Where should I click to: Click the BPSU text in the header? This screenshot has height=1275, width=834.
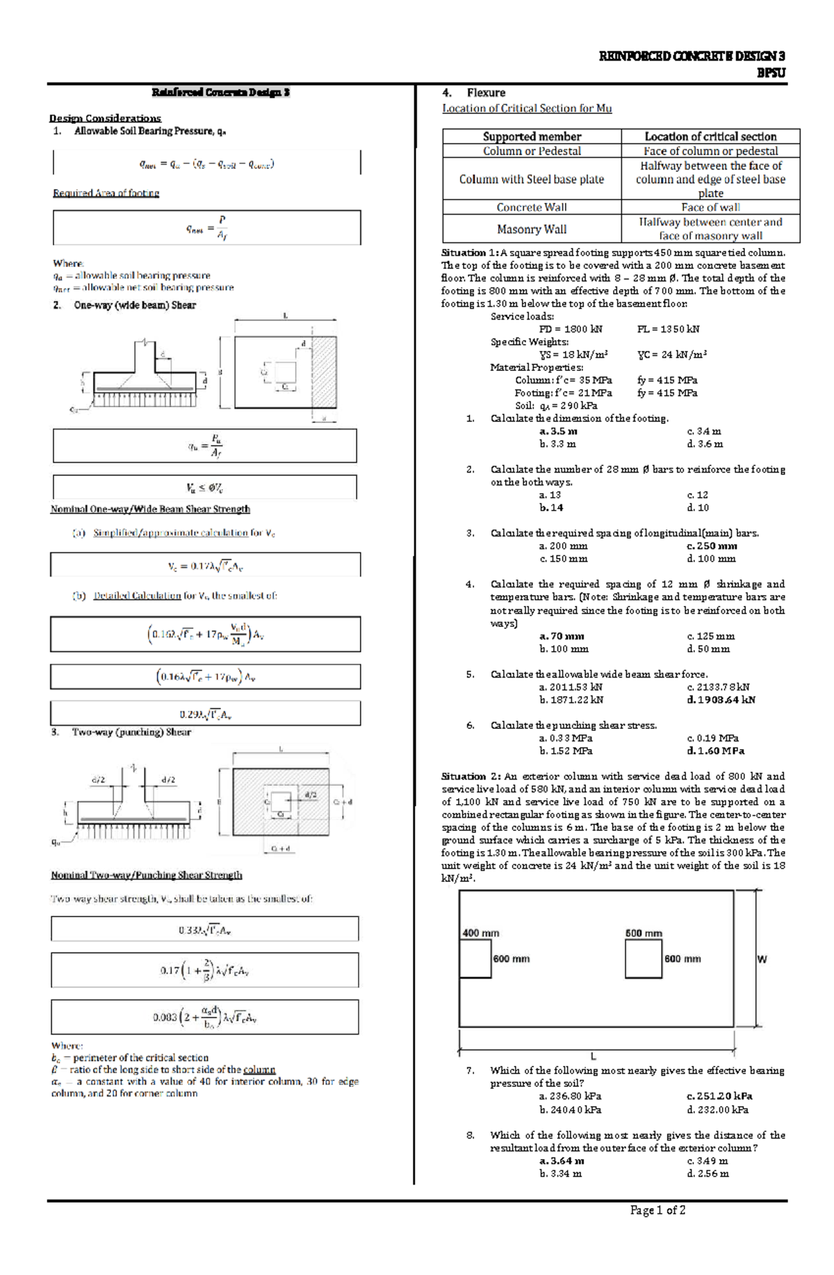[771, 73]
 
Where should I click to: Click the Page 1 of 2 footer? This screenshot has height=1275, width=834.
[657, 1210]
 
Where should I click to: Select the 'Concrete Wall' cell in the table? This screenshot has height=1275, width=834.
[532, 207]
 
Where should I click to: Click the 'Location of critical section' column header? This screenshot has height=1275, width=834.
[710, 136]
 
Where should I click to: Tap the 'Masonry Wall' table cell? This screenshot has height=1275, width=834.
[532, 229]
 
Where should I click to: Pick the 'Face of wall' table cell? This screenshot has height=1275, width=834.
[710, 207]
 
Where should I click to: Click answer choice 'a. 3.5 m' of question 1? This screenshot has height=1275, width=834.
[558, 431]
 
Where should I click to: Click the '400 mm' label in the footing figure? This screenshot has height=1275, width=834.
[480, 933]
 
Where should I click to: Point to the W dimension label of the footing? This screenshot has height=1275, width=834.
[762, 959]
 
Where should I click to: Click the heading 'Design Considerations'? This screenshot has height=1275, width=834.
[105, 118]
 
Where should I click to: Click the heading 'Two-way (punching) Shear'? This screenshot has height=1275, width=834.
[131, 732]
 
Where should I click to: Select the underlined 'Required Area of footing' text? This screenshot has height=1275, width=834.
[106, 193]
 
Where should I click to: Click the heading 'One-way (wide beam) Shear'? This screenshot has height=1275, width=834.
[135, 305]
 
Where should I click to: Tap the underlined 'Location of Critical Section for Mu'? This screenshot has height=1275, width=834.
[527, 108]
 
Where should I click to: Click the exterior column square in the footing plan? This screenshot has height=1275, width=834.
[475, 960]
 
